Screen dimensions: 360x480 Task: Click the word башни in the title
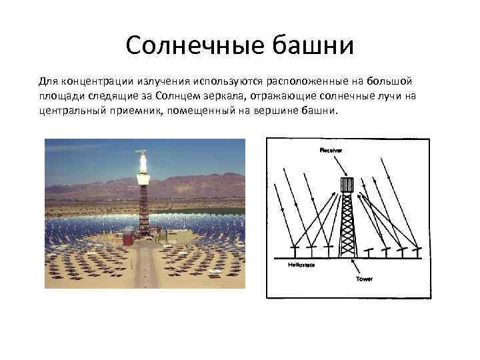pyautogui.click(x=311, y=46)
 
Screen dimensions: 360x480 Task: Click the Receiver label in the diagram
pyautogui.click(x=331, y=151)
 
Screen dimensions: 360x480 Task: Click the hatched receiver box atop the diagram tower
pyautogui.click(x=346, y=184)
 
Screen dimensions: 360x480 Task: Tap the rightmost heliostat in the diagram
pyautogui.click(x=416, y=252)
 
